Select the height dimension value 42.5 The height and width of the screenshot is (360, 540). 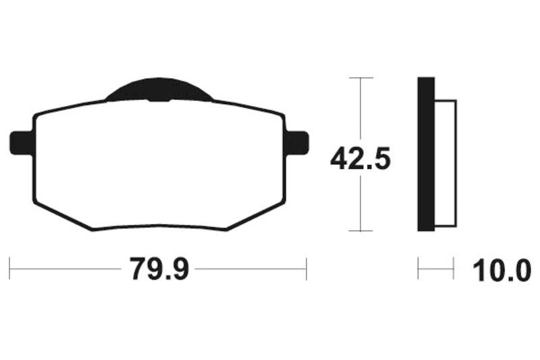click(360, 159)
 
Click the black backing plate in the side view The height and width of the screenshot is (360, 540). click(426, 155)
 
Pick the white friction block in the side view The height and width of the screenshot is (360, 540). click(446, 162)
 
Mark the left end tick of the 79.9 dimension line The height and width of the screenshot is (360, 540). click(9, 268)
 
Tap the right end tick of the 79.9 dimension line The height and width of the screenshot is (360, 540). click(306, 268)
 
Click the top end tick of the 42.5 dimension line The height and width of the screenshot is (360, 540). click(362, 78)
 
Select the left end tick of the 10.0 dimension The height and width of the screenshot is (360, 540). click(418, 268)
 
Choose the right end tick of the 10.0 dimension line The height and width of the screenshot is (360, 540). click(453, 268)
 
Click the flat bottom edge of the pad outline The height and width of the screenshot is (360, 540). click(159, 230)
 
